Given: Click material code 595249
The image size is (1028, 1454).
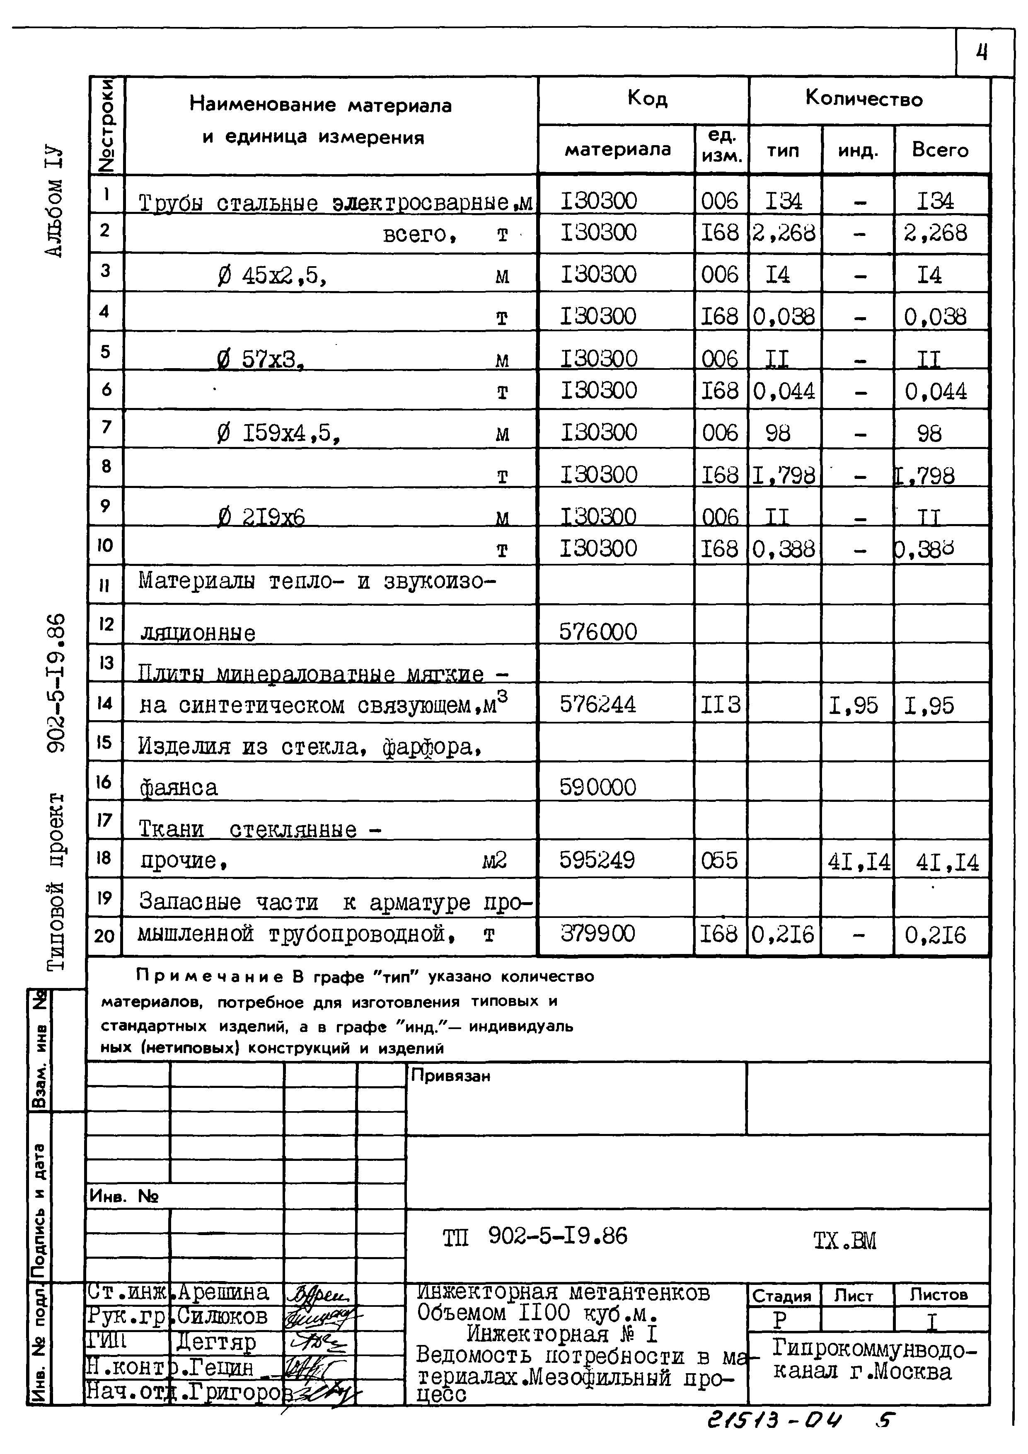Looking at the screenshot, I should [x=597, y=860].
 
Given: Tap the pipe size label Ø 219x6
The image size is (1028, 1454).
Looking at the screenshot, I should [x=261, y=518].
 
